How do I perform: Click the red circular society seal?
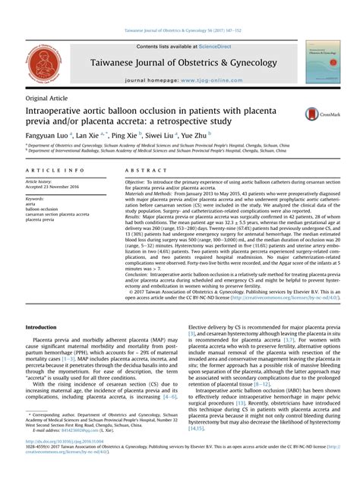(44, 63)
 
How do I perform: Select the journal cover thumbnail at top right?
(322, 62)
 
